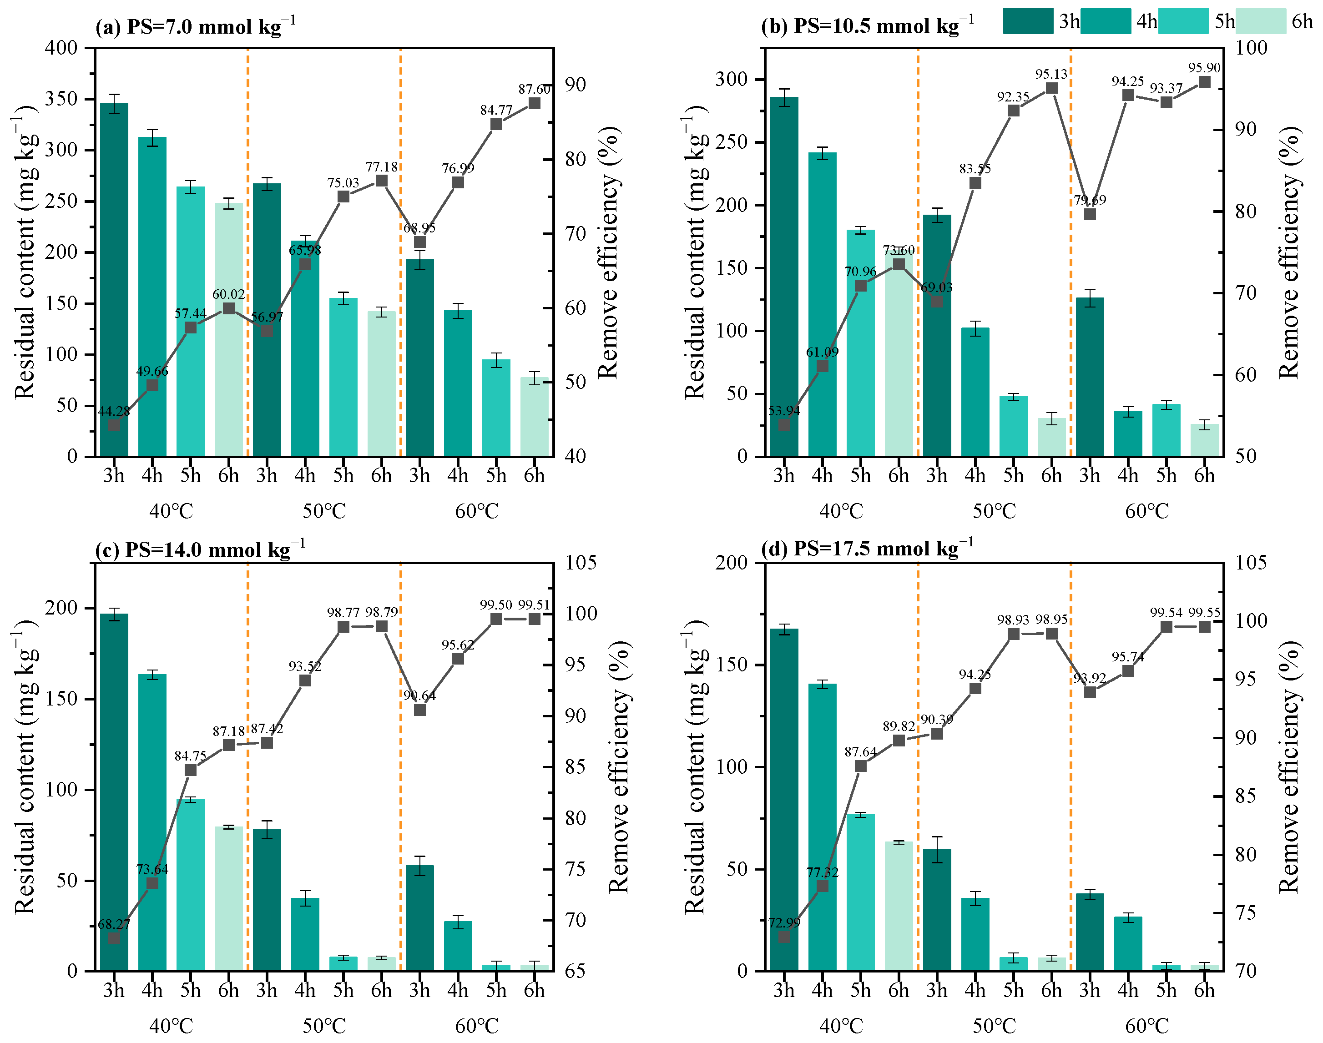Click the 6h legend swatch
[1260, 22]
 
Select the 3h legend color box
[1028, 22]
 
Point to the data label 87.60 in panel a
[534, 89]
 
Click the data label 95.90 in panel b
[1204, 68]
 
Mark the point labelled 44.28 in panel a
[114, 425]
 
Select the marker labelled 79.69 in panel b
[1090, 214]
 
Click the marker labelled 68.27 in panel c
[114, 938]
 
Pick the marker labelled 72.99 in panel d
[784, 937]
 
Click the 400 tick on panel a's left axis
[61, 48]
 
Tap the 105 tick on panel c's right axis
[580, 562]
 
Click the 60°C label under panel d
[1146, 1026]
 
